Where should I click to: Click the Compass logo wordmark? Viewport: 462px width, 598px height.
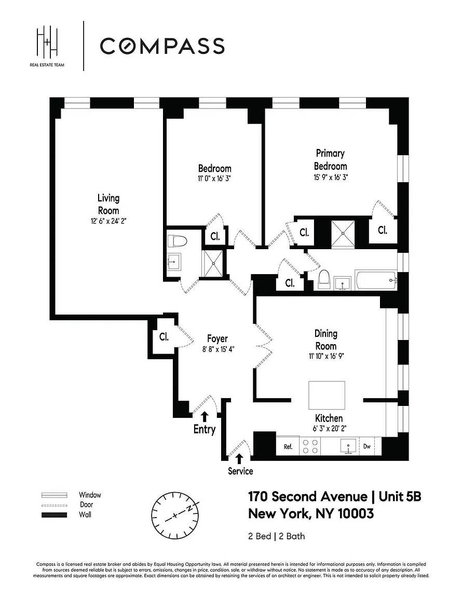pyautogui.click(x=162, y=46)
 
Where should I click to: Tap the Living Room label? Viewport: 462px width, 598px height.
pyautogui.click(x=108, y=204)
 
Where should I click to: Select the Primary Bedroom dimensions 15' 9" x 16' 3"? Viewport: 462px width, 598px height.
pyautogui.click(x=330, y=176)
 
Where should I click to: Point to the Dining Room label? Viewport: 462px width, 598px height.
pyautogui.click(x=325, y=339)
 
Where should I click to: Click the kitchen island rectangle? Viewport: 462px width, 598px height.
pyautogui.click(x=327, y=396)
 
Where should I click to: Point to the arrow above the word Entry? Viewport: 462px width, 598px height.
pyautogui.click(x=205, y=416)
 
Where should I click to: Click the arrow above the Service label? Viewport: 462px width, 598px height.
pyautogui.click(x=239, y=458)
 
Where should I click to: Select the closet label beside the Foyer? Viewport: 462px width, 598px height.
pyautogui.click(x=164, y=336)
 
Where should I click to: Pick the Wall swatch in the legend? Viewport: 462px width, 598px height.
pyautogui.click(x=55, y=515)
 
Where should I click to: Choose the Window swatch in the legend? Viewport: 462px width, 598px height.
pyautogui.click(x=55, y=495)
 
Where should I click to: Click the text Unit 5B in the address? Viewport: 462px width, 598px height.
pyautogui.click(x=400, y=497)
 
